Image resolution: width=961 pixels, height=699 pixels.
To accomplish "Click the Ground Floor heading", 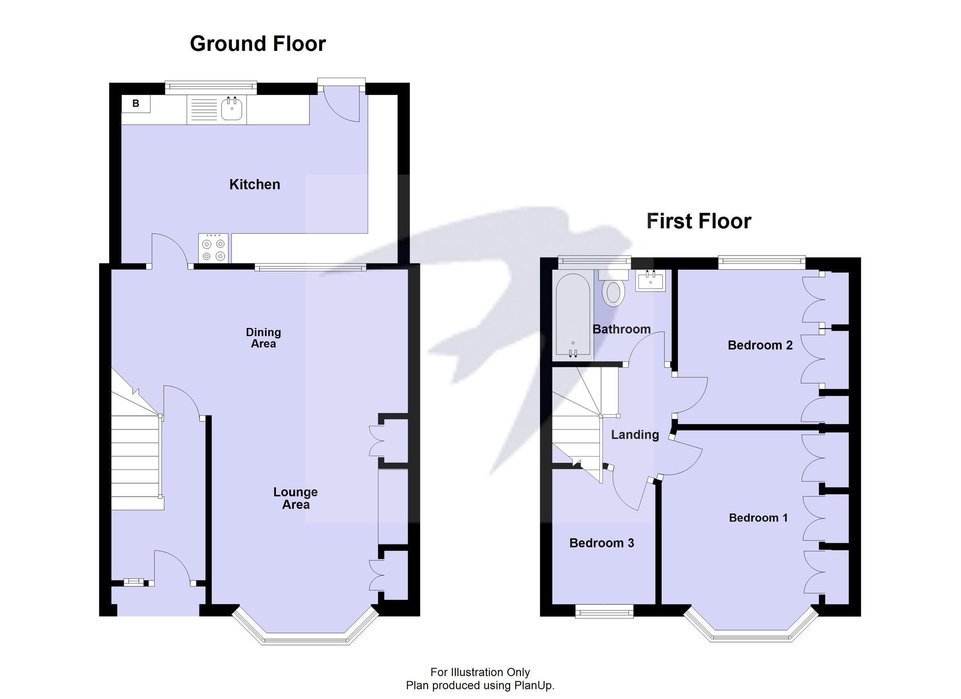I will [x=257, y=44].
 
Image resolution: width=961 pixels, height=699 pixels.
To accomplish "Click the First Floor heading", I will [x=699, y=221].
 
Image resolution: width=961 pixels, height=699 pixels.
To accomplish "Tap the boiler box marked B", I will [x=136, y=103].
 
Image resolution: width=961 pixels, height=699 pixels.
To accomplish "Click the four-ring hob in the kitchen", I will [x=213, y=248].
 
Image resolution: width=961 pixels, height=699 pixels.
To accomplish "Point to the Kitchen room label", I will [x=254, y=184].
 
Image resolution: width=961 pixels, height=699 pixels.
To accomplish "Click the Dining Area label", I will [x=263, y=338].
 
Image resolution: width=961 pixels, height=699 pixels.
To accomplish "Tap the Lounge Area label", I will [x=296, y=498].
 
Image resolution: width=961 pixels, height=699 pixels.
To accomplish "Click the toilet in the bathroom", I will [x=613, y=292].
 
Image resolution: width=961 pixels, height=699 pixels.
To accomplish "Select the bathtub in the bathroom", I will [x=573, y=314].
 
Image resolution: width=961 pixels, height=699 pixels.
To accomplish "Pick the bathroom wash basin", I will [x=650, y=281].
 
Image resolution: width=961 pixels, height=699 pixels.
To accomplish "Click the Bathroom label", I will [x=621, y=329].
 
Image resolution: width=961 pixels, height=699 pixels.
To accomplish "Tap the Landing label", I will [x=635, y=435].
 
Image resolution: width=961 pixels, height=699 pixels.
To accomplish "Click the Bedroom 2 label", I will [x=760, y=345].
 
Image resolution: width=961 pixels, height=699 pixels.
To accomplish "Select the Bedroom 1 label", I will [x=758, y=518].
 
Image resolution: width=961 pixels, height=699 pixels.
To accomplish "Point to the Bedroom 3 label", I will [x=601, y=543].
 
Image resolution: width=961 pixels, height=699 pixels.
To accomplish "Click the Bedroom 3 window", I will [x=604, y=611].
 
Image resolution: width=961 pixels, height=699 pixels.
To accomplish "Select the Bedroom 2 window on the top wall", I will [x=762, y=262].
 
